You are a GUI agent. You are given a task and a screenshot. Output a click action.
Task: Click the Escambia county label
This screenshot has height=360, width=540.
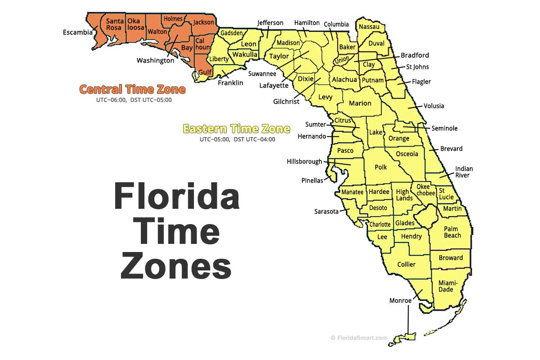click(x=78, y=32)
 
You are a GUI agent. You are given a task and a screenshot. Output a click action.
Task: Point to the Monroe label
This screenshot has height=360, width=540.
click(x=400, y=301)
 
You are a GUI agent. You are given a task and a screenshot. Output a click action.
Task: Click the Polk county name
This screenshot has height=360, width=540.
click(x=381, y=167)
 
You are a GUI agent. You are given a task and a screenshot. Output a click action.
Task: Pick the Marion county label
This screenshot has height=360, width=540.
click(x=360, y=103)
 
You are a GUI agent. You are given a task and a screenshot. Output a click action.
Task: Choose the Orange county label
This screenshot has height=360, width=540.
click(x=399, y=138)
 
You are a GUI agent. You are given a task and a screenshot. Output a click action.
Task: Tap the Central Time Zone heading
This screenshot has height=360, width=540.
click(x=132, y=89)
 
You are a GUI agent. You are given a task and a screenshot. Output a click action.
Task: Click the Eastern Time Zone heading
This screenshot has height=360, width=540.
click(x=236, y=129)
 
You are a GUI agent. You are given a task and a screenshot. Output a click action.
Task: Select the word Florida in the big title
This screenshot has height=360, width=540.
click(x=176, y=197)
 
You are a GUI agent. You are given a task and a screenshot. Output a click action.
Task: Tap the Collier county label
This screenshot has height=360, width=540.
click(x=406, y=264)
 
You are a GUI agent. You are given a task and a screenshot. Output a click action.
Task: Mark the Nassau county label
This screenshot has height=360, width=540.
click(x=369, y=27)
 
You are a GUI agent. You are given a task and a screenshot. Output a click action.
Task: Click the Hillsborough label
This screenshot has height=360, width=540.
click(x=305, y=161)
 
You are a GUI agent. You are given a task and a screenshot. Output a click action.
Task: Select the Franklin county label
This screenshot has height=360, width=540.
click(x=230, y=83)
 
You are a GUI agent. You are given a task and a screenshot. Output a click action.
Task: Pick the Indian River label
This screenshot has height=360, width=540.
click(x=464, y=172)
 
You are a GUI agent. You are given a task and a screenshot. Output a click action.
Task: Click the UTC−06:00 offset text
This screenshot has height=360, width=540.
click(x=112, y=100)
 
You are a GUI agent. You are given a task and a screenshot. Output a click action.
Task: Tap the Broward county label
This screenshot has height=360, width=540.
click(x=450, y=258)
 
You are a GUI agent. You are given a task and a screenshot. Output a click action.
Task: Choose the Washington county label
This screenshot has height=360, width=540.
click(x=155, y=60)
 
